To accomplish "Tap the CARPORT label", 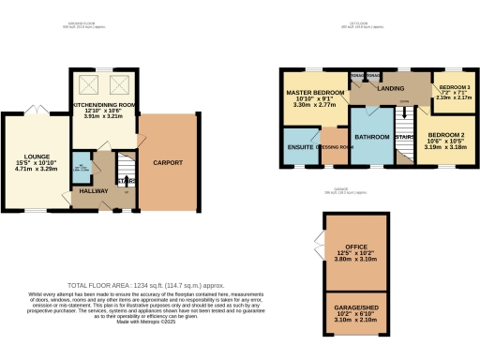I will (168, 162).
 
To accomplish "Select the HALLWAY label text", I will (90, 190).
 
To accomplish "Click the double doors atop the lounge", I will (36, 111).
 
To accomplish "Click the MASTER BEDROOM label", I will (314, 92).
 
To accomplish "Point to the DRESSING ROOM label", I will (334, 147).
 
